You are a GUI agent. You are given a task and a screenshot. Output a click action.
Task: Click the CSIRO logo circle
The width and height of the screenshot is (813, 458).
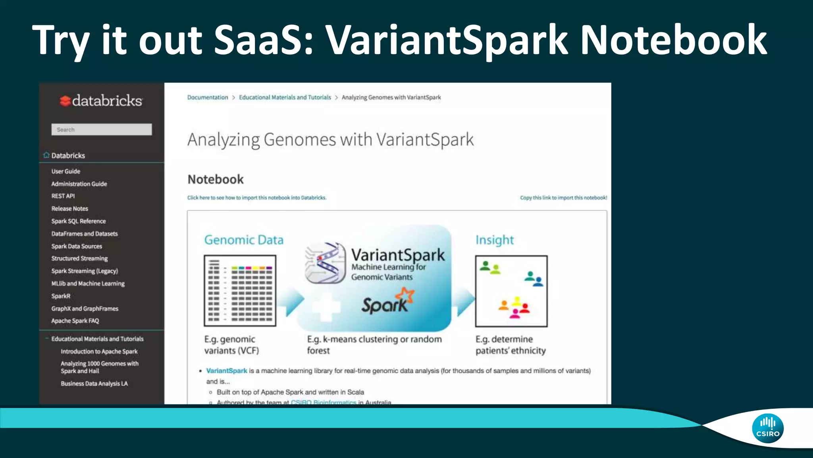click(767, 428)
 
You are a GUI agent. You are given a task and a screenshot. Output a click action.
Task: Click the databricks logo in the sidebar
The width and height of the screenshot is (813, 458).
click(101, 101)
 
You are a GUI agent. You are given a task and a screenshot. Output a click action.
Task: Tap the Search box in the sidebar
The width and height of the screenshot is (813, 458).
click(101, 130)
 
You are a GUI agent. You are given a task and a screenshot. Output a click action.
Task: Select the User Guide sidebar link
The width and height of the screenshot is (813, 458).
click(66, 171)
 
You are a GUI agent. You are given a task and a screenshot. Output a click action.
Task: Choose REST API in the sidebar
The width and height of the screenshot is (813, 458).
click(63, 196)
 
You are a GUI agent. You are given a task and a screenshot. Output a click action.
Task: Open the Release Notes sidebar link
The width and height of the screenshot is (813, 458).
click(70, 209)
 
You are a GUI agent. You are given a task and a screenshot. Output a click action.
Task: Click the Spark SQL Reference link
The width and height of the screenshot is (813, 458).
click(79, 221)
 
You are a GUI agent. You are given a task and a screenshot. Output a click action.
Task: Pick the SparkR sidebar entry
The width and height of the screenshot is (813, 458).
click(61, 296)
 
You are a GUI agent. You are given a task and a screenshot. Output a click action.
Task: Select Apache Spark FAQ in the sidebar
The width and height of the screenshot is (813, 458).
click(75, 321)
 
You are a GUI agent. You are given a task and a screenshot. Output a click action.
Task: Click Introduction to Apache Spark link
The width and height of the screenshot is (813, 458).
click(99, 351)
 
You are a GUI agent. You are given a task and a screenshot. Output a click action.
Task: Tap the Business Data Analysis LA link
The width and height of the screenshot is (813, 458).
click(94, 384)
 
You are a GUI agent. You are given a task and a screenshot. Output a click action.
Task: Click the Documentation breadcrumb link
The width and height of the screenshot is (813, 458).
click(208, 97)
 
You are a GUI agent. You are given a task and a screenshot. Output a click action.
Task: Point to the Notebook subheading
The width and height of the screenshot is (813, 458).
click(216, 180)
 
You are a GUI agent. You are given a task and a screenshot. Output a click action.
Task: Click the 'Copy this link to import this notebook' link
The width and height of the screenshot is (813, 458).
click(563, 198)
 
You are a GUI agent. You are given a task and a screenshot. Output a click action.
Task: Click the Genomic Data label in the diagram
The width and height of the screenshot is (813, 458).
click(244, 240)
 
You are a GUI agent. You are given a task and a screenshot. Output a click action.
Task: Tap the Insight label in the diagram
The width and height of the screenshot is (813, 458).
click(495, 240)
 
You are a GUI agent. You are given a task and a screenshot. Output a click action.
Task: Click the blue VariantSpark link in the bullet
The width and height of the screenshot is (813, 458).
click(227, 371)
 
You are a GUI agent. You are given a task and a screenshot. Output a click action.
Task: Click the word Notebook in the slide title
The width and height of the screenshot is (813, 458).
click(673, 41)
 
